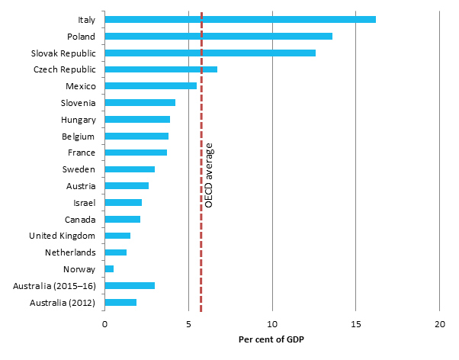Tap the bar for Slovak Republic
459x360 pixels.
(210, 53)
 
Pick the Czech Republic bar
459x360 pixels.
(160, 69)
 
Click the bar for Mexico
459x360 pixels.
(150, 86)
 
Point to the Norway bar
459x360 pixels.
(109, 268)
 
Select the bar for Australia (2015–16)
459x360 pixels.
(130, 285)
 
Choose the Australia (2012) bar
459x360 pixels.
(120, 302)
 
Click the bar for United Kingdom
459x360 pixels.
(117, 236)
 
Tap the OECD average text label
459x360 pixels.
(209, 175)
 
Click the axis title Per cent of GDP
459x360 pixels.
(272, 339)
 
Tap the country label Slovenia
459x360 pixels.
(78, 103)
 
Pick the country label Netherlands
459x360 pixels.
(71, 252)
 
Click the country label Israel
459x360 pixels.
(83, 202)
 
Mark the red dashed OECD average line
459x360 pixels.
(201, 229)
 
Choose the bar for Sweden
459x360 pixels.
(130, 169)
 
